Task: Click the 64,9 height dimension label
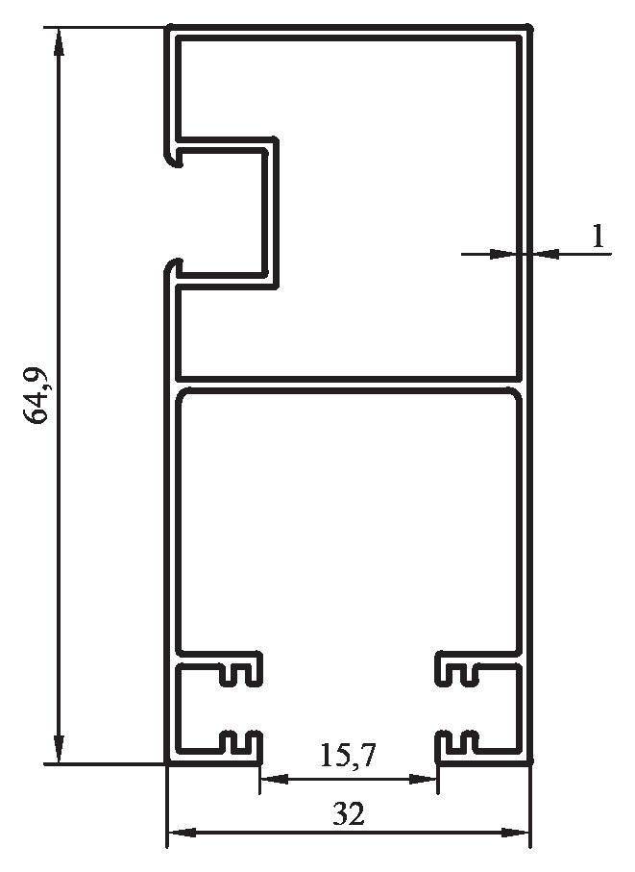pos(37,395)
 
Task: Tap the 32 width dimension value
pos(349,813)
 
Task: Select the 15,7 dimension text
pos(349,755)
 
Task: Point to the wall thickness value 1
pos(598,236)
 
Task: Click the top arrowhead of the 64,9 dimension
pos(59,41)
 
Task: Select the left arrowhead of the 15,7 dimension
pos(275,779)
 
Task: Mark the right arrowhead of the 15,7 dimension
pos(423,779)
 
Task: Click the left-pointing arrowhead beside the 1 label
pos(546,254)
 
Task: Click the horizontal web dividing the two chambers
pos(349,384)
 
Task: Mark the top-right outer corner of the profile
pos(530,27)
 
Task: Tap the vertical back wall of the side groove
pos(271,212)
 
